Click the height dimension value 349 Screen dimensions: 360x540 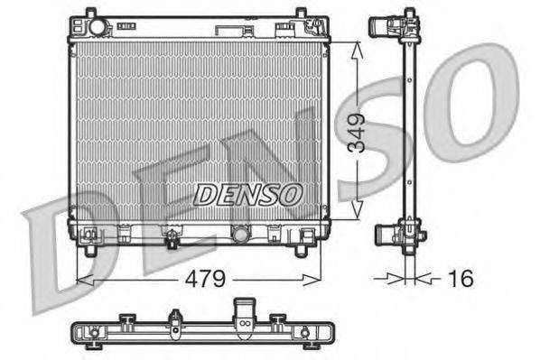pyautogui.click(x=358, y=133)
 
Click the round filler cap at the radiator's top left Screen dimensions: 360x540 pyautogui.click(x=98, y=28)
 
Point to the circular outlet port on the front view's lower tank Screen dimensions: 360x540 pyautogui.click(x=239, y=235)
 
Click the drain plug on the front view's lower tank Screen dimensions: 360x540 pyautogui.click(x=169, y=238)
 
